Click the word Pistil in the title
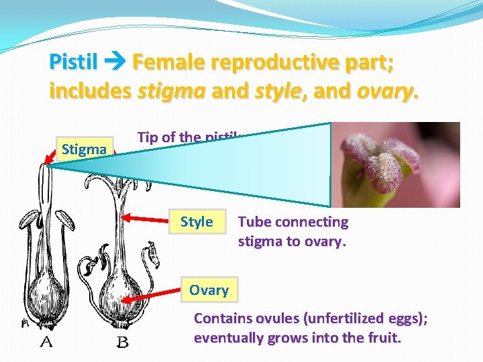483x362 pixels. click(x=72, y=63)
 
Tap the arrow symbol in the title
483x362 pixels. click(x=114, y=64)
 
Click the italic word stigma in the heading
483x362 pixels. click(x=172, y=90)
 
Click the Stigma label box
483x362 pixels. click(x=83, y=149)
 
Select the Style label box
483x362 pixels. click(x=197, y=222)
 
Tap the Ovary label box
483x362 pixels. click(x=209, y=290)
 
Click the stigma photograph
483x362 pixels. click(x=396, y=165)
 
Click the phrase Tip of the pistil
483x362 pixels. click(x=188, y=137)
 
